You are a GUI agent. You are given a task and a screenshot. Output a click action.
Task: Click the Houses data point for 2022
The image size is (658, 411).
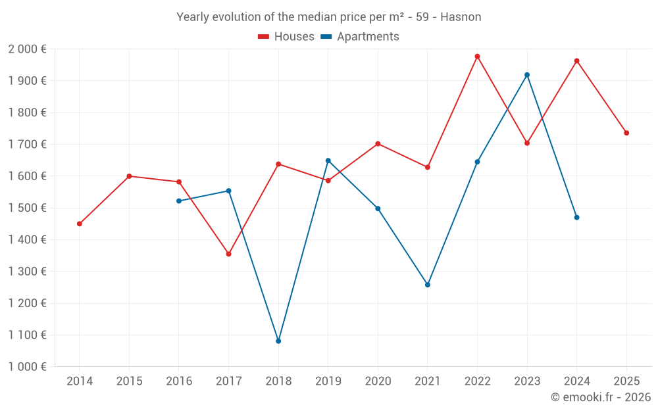pos(477,57)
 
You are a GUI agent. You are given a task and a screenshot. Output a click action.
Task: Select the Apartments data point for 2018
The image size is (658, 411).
pos(278,341)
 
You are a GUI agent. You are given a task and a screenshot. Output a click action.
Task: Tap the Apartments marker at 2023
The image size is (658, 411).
pos(527,75)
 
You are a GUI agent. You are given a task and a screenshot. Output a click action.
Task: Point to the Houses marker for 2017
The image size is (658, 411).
pos(228,254)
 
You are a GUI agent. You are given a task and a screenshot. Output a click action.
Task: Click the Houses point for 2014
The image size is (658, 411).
pos(80,224)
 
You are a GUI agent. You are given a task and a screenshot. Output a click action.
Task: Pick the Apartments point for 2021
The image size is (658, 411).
pos(428,285)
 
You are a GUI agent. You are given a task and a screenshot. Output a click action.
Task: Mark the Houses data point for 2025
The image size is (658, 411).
pos(626,133)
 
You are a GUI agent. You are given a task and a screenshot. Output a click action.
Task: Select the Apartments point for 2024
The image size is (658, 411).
pos(576,217)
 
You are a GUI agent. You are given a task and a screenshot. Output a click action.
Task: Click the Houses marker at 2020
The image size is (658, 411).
pos(378,143)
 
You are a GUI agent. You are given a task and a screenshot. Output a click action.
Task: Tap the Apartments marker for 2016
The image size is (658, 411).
pos(179,201)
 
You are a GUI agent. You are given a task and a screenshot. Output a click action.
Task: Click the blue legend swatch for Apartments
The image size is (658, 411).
pos(326,37)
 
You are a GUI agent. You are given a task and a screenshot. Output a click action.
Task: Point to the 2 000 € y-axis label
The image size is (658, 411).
pos(27,49)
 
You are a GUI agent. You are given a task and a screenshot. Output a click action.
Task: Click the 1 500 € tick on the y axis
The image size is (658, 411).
pos(27,208)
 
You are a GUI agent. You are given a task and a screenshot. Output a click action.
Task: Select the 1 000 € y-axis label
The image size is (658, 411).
pos(27,367)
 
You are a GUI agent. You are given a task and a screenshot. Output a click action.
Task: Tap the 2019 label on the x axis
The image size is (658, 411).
pos(328,381)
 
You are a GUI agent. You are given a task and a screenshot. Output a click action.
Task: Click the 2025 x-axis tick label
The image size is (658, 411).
pos(626,381)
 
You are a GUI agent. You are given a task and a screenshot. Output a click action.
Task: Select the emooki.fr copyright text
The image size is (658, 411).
pos(600,397)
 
